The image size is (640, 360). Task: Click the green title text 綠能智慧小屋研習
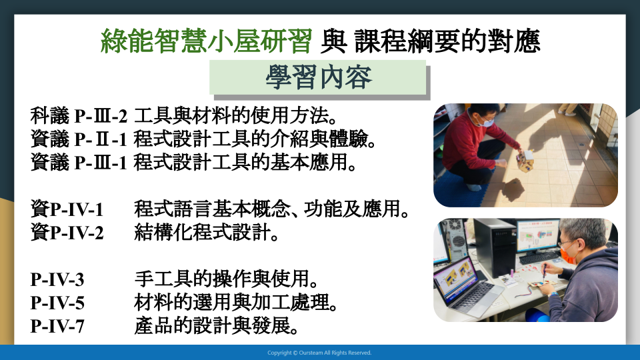tap(206, 41)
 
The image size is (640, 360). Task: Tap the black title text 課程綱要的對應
tap(447, 41)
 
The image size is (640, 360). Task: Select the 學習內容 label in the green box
tap(319, 77)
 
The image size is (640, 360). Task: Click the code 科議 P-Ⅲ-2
tap(79, 116)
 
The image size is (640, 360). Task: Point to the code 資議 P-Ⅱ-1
tap(79, 139)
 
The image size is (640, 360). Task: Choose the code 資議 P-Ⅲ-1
tap(79, 163)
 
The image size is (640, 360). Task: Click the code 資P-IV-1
tap(67, 209)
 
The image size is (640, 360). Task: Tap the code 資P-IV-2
tap(67, 233)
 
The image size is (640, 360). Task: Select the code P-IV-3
tap(57, 279)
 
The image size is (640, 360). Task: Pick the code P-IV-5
tap(57, 303)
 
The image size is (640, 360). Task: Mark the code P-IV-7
tap(57, 326)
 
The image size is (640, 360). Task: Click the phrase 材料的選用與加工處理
tap(232, 303)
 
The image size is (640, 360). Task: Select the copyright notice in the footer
tap(319, 353)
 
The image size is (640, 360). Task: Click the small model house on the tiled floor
tap(525, 160)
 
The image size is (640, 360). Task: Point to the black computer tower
tap(495, 247)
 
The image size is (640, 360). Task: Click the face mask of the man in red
tap(487, 121)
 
